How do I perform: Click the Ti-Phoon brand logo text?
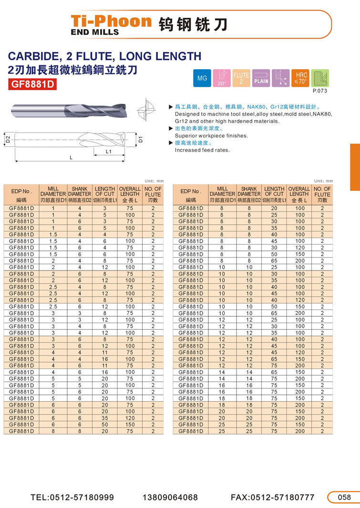(x=111, y=21)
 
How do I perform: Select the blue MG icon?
(x=202, y=78)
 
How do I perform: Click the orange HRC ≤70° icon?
(x=301, y=78)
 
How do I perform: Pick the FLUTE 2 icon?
(x=241, y=78)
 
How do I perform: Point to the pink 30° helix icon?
(x=222, y=78)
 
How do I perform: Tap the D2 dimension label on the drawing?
(x=8, y=140)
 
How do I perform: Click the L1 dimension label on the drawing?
(x=108, y=151)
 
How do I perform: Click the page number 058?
(x=344, y=497)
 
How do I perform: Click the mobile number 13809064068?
(x=170, y=497)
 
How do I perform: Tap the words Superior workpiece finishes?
(x=211, y=136)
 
